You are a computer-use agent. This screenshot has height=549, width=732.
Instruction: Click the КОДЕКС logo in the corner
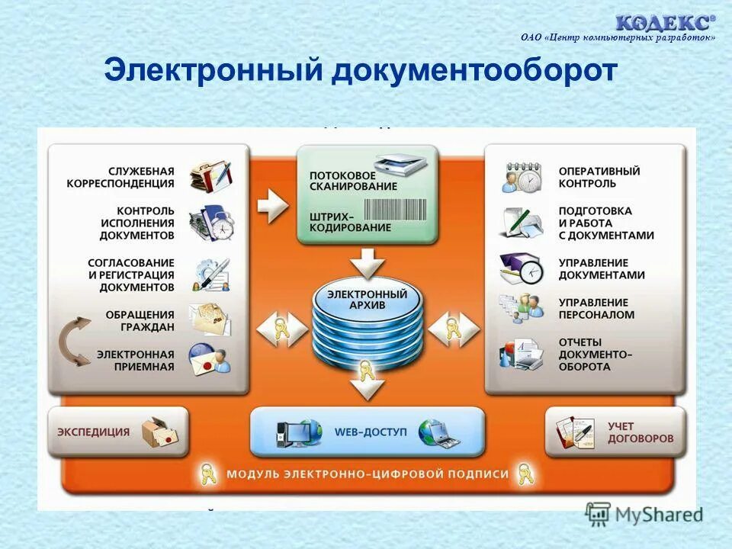[666, 22]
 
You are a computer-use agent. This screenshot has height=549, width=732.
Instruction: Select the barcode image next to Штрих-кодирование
[394, 210]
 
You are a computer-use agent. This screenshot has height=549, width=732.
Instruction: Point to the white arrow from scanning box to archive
[368, 263]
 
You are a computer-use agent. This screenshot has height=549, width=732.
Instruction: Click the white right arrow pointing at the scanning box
[272, 205]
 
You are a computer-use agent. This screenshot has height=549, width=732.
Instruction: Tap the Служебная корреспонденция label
[130, 177]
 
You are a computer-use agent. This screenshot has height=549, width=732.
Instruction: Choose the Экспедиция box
[117, 432]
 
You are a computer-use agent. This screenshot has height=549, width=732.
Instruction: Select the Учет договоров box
[615, 432]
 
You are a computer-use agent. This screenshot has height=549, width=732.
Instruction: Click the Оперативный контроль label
[599, 177]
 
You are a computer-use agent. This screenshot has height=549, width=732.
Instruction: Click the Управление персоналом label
[596, 308]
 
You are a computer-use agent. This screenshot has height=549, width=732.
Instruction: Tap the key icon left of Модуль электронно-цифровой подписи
[207, 474]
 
